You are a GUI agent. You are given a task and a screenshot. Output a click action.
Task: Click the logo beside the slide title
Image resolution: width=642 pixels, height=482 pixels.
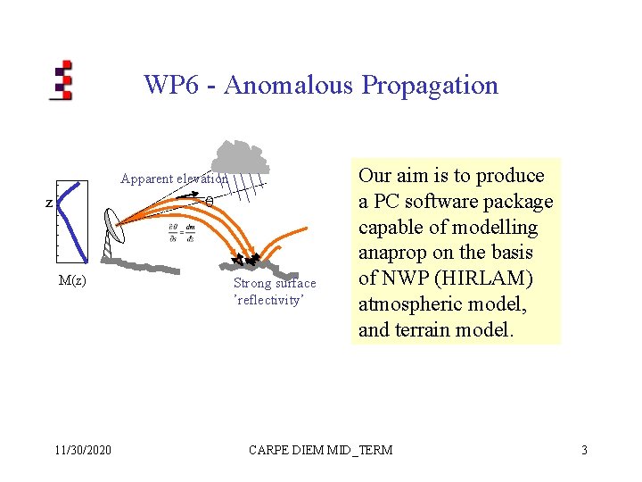click(62, 80)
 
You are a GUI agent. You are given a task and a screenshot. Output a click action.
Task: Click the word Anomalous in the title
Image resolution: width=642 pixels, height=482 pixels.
click(290, 86)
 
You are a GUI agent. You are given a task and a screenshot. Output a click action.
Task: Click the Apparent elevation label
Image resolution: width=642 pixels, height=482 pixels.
click(174, 179)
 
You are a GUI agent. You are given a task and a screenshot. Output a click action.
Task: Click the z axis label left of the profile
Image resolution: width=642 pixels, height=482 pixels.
click(49, 204)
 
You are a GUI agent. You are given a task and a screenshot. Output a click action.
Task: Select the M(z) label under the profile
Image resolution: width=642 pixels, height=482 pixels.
click(71, 280)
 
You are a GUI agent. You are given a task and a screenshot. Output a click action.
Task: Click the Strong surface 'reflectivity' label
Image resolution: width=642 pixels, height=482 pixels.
click(275, 292)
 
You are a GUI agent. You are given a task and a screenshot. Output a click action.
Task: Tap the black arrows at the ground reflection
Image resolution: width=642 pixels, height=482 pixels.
click(246, 260)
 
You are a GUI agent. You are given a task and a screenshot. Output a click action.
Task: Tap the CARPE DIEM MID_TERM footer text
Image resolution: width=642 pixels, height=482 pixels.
click(320, 450)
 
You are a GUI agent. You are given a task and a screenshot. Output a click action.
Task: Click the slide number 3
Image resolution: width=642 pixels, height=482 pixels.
click(584, 450)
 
